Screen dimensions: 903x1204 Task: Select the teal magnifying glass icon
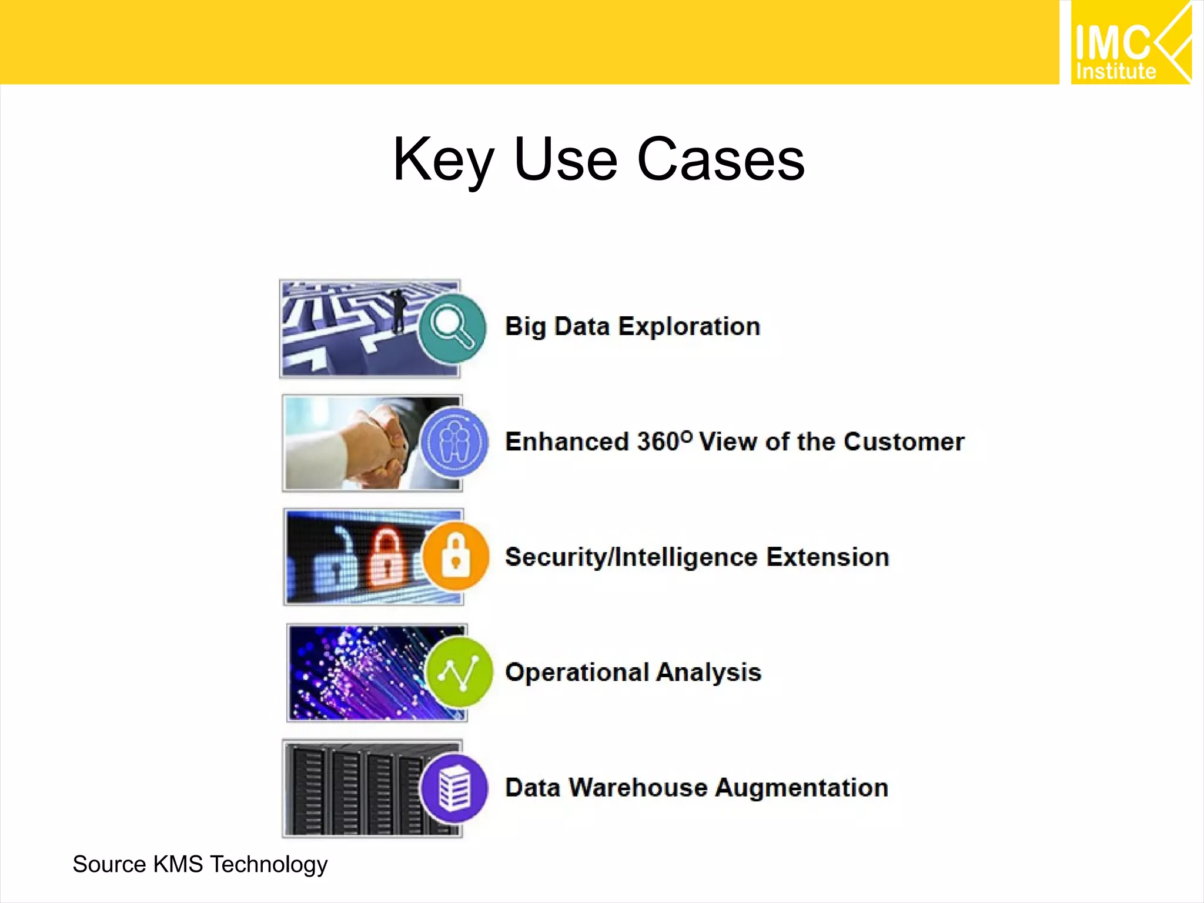click(453, 328)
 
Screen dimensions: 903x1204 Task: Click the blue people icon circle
click(454, 442)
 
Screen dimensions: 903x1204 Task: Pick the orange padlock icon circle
click(456, 556)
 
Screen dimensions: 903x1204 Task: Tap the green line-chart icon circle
click(459, 671)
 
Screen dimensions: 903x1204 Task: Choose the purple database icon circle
click(454, 788)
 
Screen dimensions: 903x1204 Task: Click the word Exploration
click(689, 327)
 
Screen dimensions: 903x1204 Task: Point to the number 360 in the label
click(658, 442)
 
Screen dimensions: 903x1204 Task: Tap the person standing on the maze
click(399, 310)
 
